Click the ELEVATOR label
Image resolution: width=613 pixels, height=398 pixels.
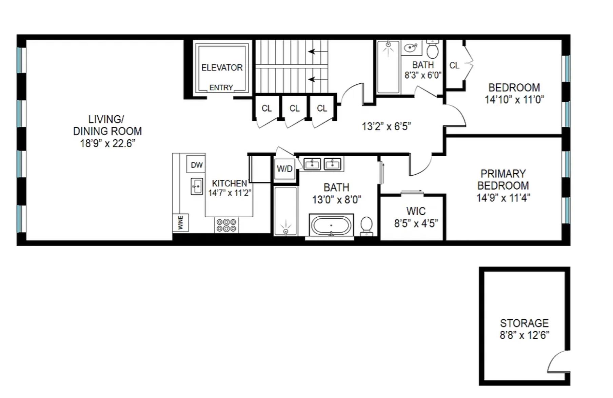tap(222, 67)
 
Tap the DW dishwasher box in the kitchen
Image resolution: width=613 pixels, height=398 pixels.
tap(197, 165)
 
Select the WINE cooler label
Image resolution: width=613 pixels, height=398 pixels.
tap(180, 222)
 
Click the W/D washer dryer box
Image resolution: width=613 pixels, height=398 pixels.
tap(284, 168)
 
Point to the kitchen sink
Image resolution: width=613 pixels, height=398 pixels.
tap(197, 186)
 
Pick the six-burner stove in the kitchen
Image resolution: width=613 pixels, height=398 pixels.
tap(226, 225)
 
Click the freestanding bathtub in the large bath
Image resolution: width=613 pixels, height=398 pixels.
tap(331, 225)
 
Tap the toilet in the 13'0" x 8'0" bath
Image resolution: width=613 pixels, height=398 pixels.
tap(366, 226)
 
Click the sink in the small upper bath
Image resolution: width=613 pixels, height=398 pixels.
tap(411, 48)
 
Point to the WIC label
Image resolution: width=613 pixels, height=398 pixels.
tap(416, 211)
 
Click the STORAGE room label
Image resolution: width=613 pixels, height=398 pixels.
tap(524, 323)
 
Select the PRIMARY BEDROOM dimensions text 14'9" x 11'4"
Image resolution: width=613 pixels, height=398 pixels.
tap(503, 198)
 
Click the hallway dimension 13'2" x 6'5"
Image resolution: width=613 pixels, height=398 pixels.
tap(386, 126)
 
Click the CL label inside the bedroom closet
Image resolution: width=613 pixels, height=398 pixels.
tap(454, 65)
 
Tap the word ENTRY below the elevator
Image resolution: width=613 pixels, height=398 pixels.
tap(221, 87)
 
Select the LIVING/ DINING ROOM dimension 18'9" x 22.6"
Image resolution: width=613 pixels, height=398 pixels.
tap(107, 143)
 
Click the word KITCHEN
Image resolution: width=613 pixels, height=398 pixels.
tap(230, 183)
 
